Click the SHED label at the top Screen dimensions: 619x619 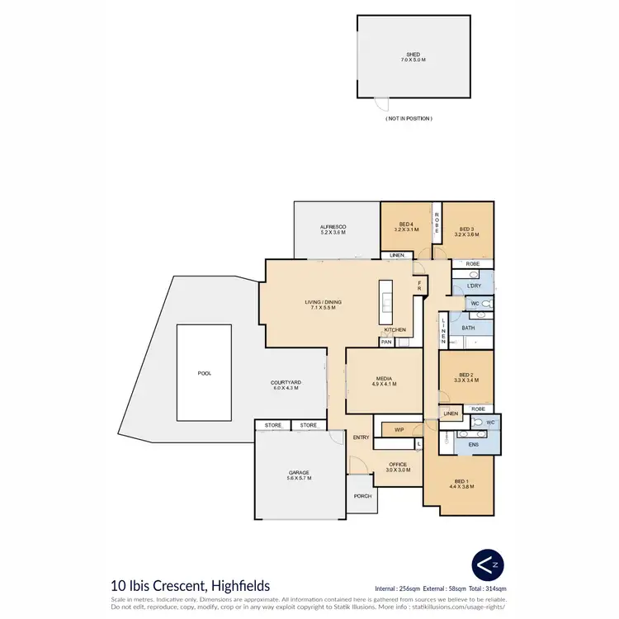pos(412,54)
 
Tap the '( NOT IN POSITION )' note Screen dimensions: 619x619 pos(409,119)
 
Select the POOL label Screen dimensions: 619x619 pos(205,373)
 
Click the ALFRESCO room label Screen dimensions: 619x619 pos(333,226)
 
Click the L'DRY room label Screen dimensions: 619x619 pos(474,286)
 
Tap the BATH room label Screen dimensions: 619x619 pos(468,328)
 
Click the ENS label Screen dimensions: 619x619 pos(473,445)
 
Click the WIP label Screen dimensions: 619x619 pos(399,429)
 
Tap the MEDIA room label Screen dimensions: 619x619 pos(385,379)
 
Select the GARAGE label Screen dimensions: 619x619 pos(298,473)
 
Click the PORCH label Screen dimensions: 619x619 pos(361,496)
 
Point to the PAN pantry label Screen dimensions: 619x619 pos(386,342)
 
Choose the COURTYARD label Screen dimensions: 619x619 pos(286,383)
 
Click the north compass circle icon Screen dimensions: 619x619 pos(484,565)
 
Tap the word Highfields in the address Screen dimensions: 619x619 pos(242,585)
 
